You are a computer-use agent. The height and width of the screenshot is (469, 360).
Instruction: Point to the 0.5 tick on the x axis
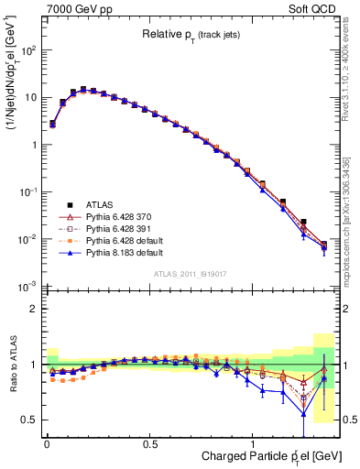point(149,442)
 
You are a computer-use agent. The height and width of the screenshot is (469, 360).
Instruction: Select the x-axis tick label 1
point(253,442)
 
